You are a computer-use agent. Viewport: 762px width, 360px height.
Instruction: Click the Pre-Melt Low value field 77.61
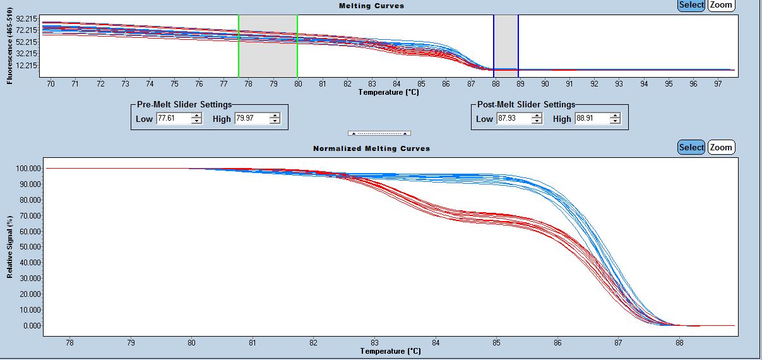(173, 119)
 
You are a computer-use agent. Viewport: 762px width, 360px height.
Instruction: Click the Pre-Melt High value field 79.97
(251, 119)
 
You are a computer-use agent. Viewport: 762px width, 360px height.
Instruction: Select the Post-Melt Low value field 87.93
(513, 119)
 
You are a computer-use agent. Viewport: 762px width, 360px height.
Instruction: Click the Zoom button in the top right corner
(721, 5)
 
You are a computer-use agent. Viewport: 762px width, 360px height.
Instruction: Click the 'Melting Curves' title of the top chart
(371, 6)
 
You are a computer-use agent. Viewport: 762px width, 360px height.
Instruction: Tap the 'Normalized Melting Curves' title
(371, 148)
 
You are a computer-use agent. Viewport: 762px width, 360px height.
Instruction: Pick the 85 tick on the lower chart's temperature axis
(496, 343)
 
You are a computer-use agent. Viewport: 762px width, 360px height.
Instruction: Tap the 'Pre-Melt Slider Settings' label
(184, 105)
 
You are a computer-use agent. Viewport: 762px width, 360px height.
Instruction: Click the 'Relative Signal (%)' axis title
(10, 247)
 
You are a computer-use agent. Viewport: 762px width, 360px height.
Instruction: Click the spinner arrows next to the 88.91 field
(615, 119)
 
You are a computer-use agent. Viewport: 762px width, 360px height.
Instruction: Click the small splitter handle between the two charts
(379, 133)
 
